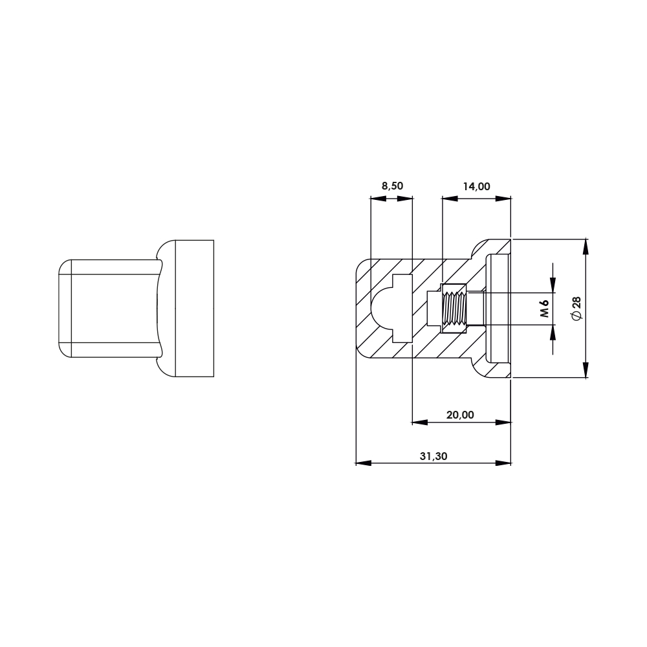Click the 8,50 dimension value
coord(392,186)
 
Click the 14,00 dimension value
coord(476,186)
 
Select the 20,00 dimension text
coord(460,415)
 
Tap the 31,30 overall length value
coord(433,456)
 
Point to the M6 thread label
coord(545,308)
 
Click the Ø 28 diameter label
coord(576,308)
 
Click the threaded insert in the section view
coord(454,308)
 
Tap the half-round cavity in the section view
coord(381,308)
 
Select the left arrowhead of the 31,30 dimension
coord(363,463)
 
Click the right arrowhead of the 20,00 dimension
coord(503,422)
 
